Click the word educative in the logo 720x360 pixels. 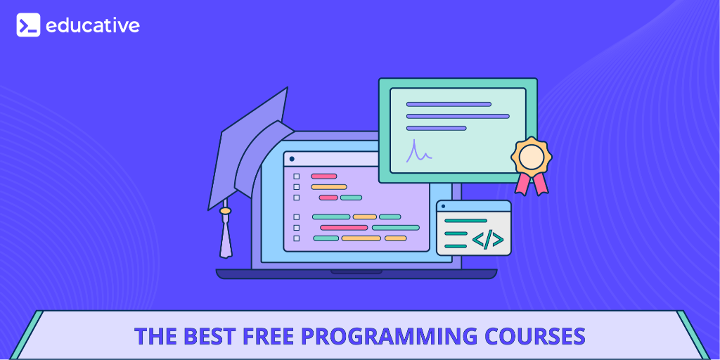coord(92,25)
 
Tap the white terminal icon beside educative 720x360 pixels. coord(28,25)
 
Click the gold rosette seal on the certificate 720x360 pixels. coord(532,157)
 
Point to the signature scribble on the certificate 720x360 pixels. coord(418,152)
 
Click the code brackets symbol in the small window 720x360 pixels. coord(488,239)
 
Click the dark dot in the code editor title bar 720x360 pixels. coord(292,159)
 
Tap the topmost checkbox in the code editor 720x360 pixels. coord(296,176)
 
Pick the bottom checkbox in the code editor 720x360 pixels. coord(296,238)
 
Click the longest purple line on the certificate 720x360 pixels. coord(458,116)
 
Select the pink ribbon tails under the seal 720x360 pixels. coord(532,184)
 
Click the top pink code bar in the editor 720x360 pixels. coord(323,176)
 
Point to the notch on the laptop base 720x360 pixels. coord(356,272)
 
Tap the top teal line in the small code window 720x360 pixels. coord(465,221)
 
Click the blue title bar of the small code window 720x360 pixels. coord(473,206)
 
